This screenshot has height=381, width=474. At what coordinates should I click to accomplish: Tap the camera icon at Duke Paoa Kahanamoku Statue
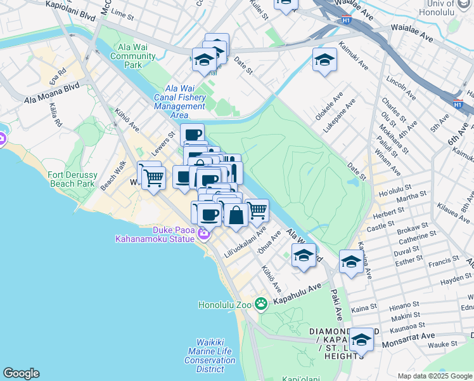[203, 234]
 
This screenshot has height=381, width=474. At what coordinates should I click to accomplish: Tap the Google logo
[21, 373]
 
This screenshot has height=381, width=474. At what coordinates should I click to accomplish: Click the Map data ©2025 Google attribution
[434, 376]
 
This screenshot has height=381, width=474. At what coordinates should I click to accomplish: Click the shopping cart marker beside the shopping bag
[257, 211]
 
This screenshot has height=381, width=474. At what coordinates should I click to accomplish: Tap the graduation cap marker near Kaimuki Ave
[324, 60]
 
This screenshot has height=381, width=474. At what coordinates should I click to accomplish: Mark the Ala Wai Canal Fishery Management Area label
[180, 102]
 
